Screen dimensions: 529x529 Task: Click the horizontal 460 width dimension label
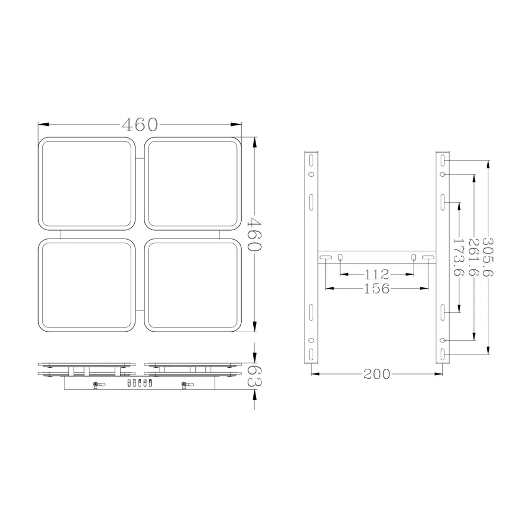tap(140, 124)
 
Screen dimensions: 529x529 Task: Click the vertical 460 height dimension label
tap(254, 234)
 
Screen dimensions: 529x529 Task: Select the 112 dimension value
tap(377, 275)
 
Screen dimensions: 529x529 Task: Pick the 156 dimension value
tap(377, 288)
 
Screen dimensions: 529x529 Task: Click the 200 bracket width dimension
tap(377, 374)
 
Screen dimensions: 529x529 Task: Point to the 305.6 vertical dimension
tap(488, 257)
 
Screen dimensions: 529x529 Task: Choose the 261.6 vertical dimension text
tap(474, 257)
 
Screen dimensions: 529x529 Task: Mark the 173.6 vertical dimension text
tap(459, 257)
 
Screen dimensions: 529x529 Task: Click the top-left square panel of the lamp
tap(87, 184)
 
